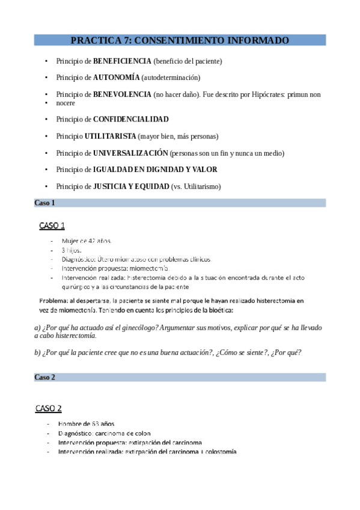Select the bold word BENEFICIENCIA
122,61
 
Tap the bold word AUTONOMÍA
117,78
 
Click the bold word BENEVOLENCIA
122,94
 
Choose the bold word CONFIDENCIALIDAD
130,119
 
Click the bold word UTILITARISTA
110,136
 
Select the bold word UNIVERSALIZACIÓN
130,153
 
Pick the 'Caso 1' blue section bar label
44,203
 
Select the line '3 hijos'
72,250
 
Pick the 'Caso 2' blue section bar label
44,377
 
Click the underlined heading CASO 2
49,408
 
